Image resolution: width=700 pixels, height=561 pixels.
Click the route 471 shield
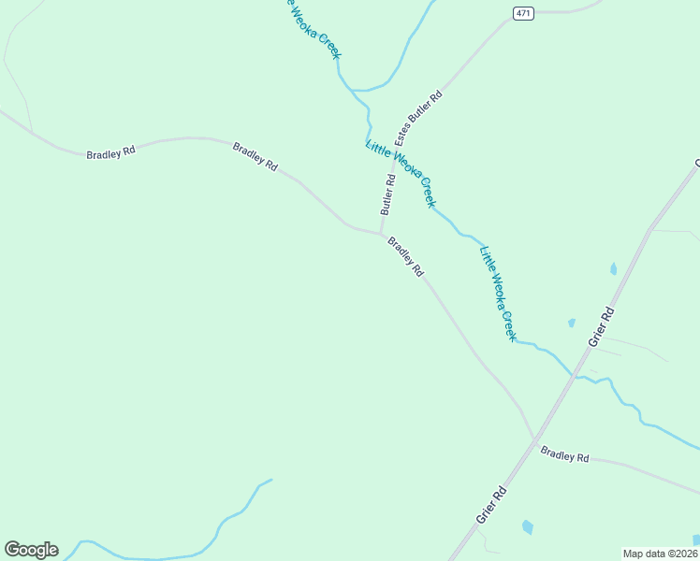(x=523, y=12)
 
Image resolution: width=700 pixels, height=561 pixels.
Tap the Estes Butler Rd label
(x=418, y=117)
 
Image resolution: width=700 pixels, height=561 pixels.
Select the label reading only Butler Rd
(x=388, y=194)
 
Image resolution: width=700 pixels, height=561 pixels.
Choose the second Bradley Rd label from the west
(x=255, y=155)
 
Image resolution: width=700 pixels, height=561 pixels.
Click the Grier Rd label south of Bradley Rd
(x=491, y=505)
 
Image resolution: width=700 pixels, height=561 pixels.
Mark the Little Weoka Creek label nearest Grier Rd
(x=497, y=293)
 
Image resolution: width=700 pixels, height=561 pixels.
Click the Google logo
(x=31, y=550)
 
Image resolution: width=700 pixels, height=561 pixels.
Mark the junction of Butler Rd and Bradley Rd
(x=381, y=234)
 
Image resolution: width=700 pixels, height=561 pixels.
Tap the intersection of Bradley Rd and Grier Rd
(x=536, y=439)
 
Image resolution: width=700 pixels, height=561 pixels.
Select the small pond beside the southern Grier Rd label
(x=528, y=526)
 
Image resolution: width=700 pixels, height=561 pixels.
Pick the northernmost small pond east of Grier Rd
(x=614, y=269)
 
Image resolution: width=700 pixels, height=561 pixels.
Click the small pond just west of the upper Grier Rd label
(x=571, y=324)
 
